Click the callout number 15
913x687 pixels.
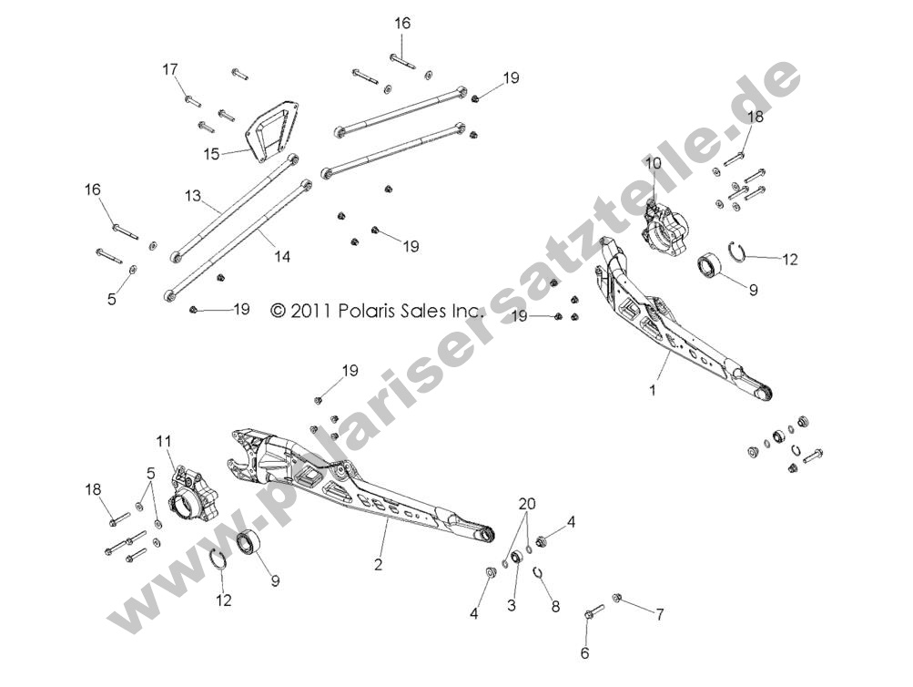tap(211, 154)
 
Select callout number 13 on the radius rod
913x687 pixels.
tap(193, 196)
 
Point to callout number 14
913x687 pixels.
tap(282, 256)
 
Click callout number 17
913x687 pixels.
tap(169, 69)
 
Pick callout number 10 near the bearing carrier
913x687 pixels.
tap(654, 164)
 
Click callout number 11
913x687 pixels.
tap(164, 441)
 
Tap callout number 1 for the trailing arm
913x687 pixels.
tap(653, 390)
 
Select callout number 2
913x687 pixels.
tap(379, 564)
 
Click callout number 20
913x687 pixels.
tap(528, 504)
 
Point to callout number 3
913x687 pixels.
tap(512, 605)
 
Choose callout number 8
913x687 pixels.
tap(555, 607)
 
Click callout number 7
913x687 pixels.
tap(660, 614)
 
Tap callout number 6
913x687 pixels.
tap(585, 653)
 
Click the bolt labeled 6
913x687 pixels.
tap(593, 612)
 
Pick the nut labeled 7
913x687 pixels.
tap(616, 598)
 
